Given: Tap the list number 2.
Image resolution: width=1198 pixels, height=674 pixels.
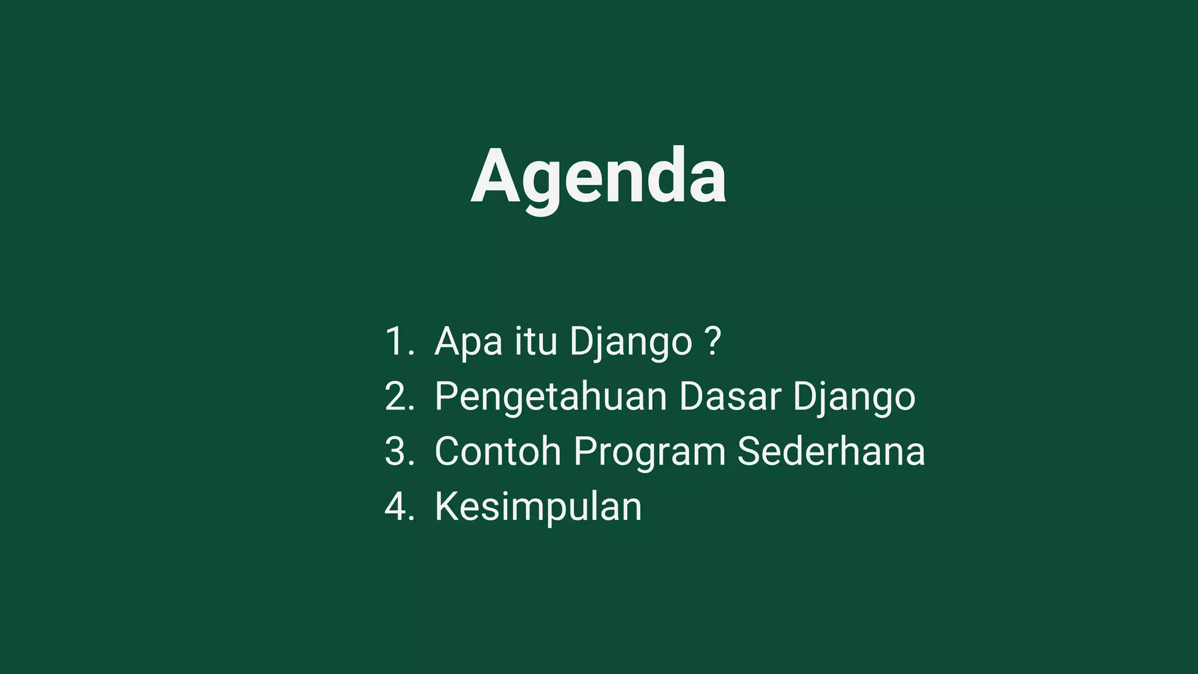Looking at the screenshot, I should (397, 396).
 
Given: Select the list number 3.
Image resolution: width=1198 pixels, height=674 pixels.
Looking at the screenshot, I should (397, 451).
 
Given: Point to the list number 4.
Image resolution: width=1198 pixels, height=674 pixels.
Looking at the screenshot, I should (397, 506).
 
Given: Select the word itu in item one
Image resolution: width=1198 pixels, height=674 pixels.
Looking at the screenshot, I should (536, 341).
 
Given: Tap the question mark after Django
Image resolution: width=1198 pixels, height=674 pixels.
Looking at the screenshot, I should (713, 341).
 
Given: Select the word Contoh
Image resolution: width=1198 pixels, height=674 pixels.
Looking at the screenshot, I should (498, 451).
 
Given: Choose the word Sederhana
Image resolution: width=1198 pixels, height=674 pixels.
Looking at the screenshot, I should (831, 451).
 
